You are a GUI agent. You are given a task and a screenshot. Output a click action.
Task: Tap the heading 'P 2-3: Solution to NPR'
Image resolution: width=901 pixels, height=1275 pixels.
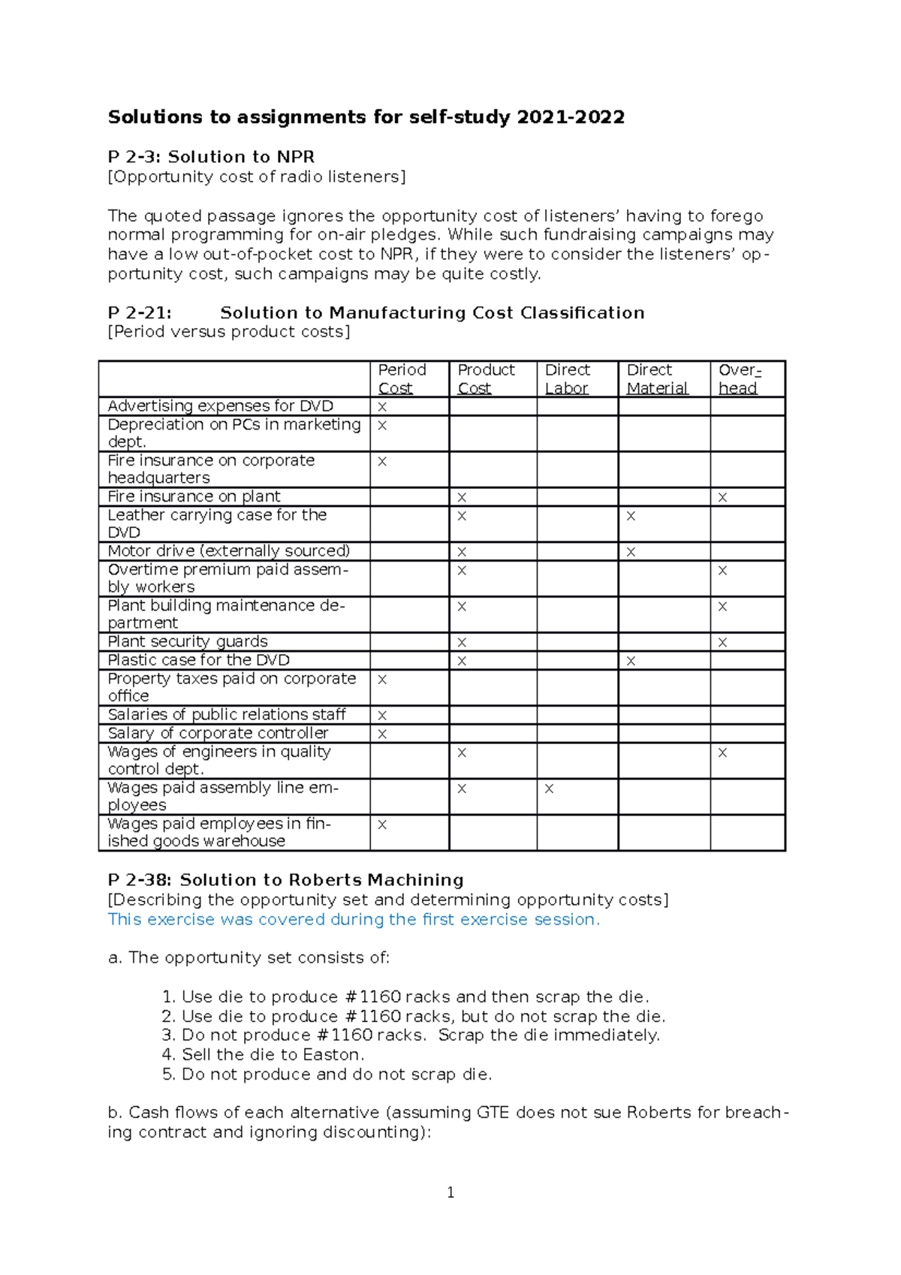click(211, 157)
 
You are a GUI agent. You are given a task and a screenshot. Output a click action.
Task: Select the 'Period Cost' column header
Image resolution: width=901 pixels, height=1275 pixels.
click(402, 378)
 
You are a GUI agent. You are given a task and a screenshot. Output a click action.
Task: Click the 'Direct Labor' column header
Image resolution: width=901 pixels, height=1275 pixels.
click(567, 378)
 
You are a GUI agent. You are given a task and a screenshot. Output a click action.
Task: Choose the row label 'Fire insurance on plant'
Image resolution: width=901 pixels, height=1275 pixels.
click(194, 496)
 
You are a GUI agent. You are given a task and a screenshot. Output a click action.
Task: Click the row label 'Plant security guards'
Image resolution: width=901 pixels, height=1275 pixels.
click(188, 641)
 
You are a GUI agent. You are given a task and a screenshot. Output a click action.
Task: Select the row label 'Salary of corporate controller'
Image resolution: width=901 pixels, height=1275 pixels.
click(218, 733)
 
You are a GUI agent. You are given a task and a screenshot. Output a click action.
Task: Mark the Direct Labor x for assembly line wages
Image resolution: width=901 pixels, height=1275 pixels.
click(549, 788)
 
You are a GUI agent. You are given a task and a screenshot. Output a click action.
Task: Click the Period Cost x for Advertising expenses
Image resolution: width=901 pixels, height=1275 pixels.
click(382, 407)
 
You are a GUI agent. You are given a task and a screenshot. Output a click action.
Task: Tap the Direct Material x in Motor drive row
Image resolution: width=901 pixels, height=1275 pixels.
click(631, 552)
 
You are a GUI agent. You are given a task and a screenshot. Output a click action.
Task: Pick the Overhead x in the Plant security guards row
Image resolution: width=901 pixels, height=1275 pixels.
click(722, 643)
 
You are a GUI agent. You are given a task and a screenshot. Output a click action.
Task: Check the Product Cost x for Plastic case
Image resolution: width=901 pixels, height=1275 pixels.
click(462, 662)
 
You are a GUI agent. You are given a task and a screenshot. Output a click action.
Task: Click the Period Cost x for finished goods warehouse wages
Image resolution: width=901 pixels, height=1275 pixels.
click(382, 824)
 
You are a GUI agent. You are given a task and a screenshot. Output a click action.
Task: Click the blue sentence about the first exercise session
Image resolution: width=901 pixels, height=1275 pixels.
click(354, 919)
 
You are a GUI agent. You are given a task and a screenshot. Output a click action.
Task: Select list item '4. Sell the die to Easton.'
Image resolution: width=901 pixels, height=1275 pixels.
click(263, 1054)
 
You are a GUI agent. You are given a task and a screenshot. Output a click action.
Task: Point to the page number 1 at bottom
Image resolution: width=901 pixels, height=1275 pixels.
click(450, 1192)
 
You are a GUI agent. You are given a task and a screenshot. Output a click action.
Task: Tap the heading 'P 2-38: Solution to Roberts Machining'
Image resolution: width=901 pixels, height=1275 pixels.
click(285, 880)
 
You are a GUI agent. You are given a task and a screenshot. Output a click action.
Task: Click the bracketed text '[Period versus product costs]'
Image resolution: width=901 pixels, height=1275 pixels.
click(229, 332)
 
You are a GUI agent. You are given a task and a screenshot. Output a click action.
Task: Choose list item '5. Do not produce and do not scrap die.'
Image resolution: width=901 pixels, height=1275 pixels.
click(327, 1074)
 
